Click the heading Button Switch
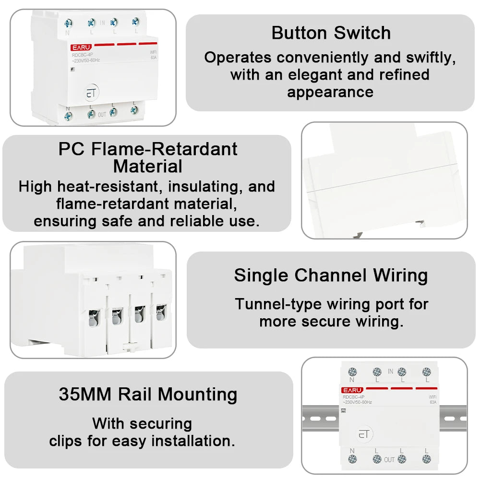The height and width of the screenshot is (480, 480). pyautogui.click(x=331, y=33)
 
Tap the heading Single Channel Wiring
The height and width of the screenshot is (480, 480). pyautogui.click(x=331, y=276)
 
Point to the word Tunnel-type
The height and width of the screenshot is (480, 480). pyautogui.click(x=278, y=304)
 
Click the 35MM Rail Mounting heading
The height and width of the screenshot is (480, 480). pyautogui.click(x=148, y=395)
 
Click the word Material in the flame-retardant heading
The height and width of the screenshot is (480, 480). pyautogui.click(x=147, y=167)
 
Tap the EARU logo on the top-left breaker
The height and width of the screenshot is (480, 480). pyautogui.click(x=81, y=47)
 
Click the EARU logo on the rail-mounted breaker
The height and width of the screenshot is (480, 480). pyautogui.click(x=352, y=390)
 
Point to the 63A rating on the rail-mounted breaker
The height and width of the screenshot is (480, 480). pyautogui.click(x=433, y=402)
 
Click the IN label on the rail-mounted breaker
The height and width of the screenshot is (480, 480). pyautogui.click(x=390, y=371)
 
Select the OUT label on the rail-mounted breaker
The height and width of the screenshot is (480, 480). pyautogui.click(x=389, y=459)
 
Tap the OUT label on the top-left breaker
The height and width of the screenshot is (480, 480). pyautogui.click(x=102, y=115)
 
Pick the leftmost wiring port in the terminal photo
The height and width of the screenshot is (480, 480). pyautogui.click(x=94, y=316)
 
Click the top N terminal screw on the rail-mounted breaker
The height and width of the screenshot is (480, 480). pyautogui.click(x=352, y=371)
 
